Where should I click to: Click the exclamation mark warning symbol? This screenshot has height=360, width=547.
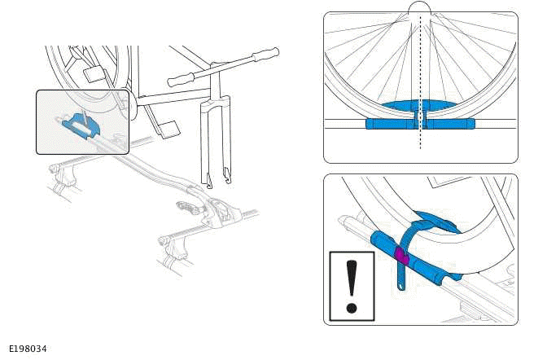coord(352,286)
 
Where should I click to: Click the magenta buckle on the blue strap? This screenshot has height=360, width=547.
coord(400,257)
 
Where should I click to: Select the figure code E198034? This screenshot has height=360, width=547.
coord(28,349)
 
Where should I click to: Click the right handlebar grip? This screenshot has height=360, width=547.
coord(265,55)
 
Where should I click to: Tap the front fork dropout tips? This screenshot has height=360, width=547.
coord(217,178)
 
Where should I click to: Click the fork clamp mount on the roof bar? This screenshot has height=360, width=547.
coord(218,212)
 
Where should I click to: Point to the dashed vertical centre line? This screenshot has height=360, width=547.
coord(419,81)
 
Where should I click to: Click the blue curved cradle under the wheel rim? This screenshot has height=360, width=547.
coord(419,106)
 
